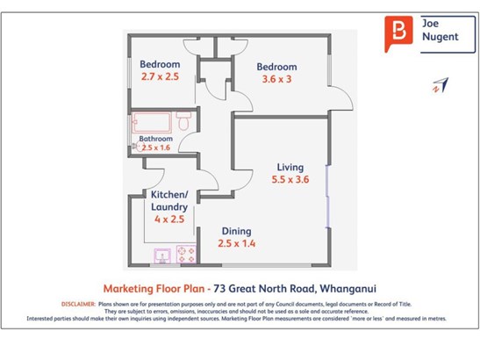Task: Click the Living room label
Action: (x=290, y=168)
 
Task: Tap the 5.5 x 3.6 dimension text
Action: (x=290, y=179)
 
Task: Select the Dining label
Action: (x=236, y=231)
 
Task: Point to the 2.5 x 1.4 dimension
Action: (x=236, y=243)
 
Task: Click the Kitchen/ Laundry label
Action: (x=169, y=201)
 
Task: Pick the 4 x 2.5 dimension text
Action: (x=169, y=219)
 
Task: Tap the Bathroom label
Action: (x=156, y=139)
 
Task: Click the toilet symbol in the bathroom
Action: (x=183, y=121)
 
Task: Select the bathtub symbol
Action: (x=152, y=123)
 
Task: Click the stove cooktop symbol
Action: (x=186, y=255)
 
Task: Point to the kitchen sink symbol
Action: (x=162, y=256)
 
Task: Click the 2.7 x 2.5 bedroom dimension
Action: (x=160, y=76)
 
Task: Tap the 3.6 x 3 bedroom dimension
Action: (x=276, y=79)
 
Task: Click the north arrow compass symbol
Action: (x=441, y=85)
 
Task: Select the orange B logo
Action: (x=398, y=33)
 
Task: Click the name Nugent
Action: (x=441, y=37)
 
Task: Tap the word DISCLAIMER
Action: (x=78, y=304)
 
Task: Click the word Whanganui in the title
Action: (x=347, y=289)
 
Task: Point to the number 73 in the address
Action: (x=219, y=289)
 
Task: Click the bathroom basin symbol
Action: (x=138, y=147)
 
